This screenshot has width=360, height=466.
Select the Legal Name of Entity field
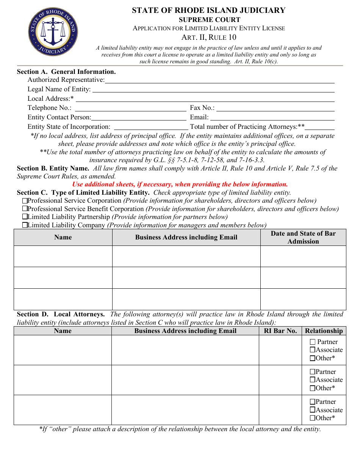click(x=213, y=90)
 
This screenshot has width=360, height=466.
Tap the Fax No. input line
click(x=275, y=109)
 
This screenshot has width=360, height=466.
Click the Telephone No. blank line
click(x=130, y=109)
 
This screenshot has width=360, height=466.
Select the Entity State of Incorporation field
click(x=150, y=127)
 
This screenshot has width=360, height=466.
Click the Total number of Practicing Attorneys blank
click(x=320, y=127)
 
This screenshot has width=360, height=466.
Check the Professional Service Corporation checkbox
click(x=25, y=201)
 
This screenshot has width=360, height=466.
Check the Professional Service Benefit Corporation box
click(x=25, y=209)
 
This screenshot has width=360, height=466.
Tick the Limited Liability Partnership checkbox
click(x=25, y=217)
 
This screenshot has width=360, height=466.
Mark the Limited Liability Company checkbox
click(x=25, y=225)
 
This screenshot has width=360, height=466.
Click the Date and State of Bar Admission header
click(x=303, y=238)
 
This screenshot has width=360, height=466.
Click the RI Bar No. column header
click(x=280, y=331)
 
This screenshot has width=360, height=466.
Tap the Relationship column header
click(x=324, y=331)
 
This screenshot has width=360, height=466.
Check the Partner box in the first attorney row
click(x=313, y=342)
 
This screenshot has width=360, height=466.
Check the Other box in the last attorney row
click(x=313, y=418)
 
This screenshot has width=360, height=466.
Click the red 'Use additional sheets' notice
click(x=180, y=185)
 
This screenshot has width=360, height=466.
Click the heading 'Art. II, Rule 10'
click(x=209, y=37)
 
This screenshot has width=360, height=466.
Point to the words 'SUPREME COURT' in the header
click(x=209, y=20)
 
